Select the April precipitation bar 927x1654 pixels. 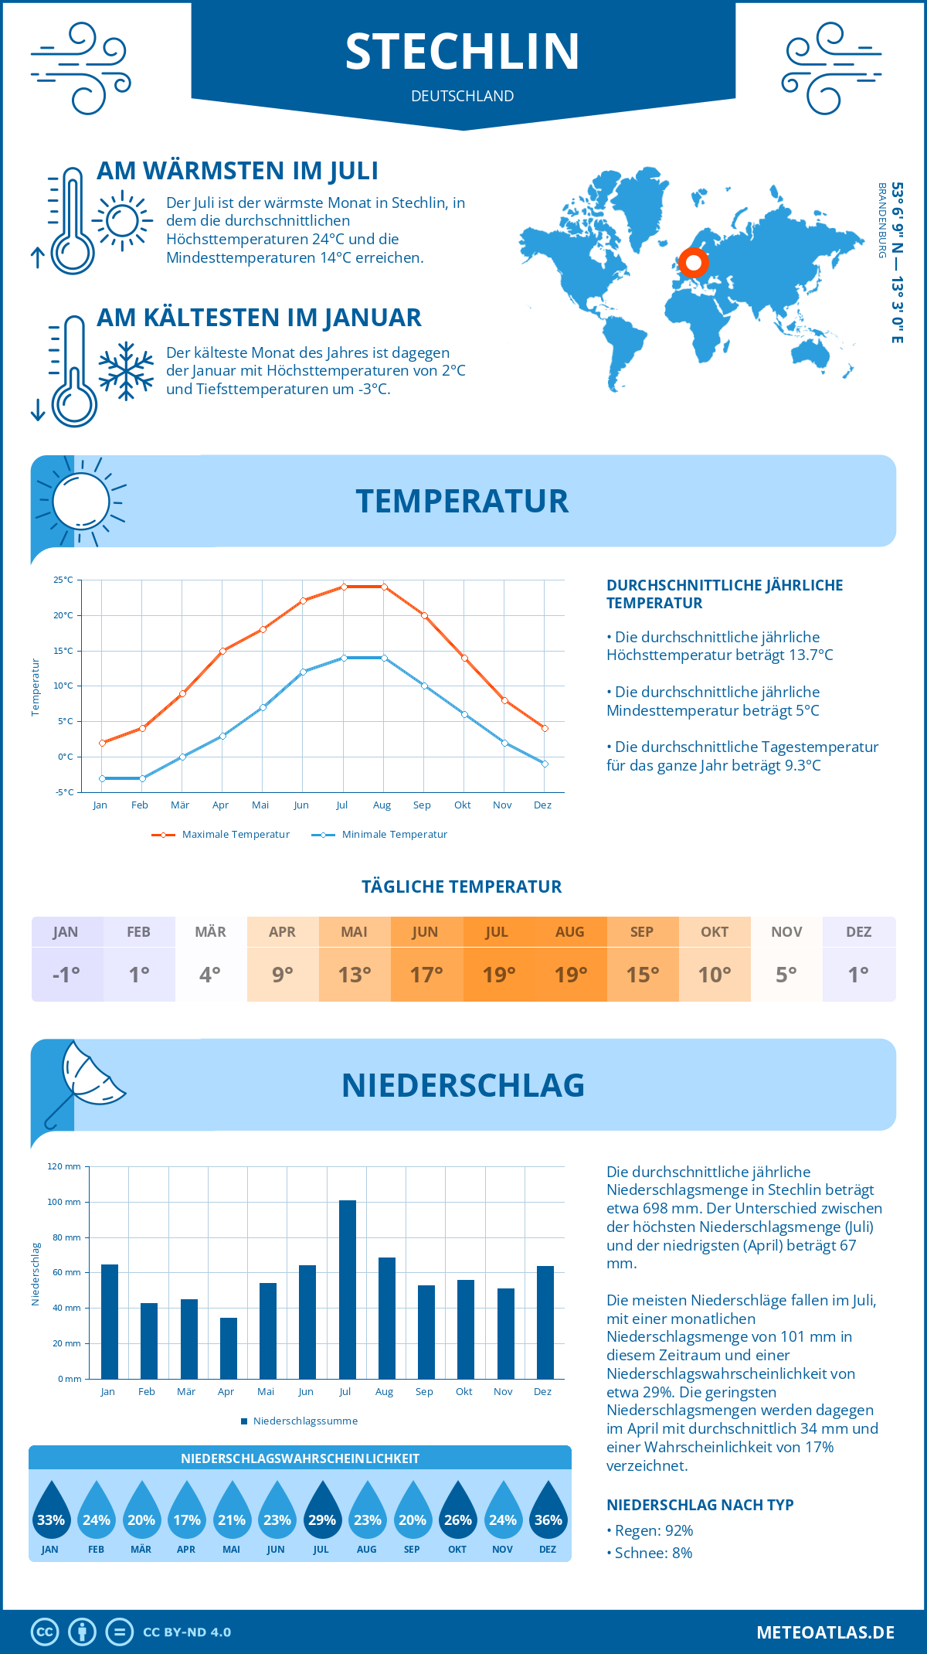pos(229,1348)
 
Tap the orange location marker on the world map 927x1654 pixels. pos(694,263)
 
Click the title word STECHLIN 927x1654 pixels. pos(462,52)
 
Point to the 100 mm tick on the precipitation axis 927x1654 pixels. pos(64,1202)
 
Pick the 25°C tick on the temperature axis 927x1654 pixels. pos(63,580)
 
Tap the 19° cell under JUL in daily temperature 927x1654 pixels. pos(498,975)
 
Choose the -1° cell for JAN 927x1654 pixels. pos(66,975)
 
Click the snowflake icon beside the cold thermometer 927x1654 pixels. pos(126,371)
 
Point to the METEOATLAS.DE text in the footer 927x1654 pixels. pos(825,1632)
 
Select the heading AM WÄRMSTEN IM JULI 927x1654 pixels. pos(237,171)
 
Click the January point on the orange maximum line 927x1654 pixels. pos(102,743)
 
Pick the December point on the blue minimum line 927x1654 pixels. pos(545,764)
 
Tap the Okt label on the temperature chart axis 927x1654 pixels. pos(462,805)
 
